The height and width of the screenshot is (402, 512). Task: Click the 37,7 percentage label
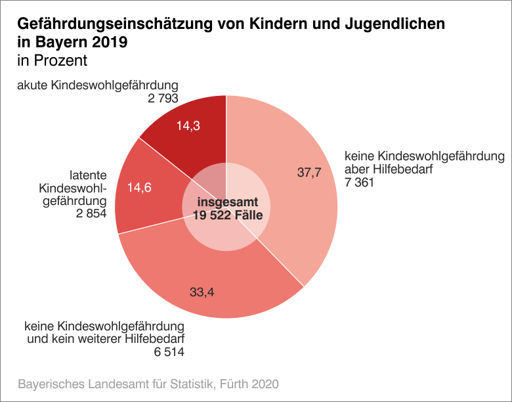tap(310, 173)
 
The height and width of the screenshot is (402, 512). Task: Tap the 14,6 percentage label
tap(139, 187)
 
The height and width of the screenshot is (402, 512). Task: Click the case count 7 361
tap(359, 183)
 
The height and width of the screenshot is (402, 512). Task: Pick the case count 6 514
tap(169, 352)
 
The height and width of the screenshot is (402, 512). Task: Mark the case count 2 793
tap(163, 99)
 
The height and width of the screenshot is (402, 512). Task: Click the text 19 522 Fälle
tap(228, 215)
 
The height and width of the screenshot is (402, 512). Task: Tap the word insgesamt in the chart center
tap(228, 202)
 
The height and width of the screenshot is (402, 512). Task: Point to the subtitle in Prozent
tap(53, 61)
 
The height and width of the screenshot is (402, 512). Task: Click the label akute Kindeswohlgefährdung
tap(98, 85)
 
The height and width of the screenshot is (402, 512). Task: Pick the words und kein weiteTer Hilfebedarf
tap(106, 339)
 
